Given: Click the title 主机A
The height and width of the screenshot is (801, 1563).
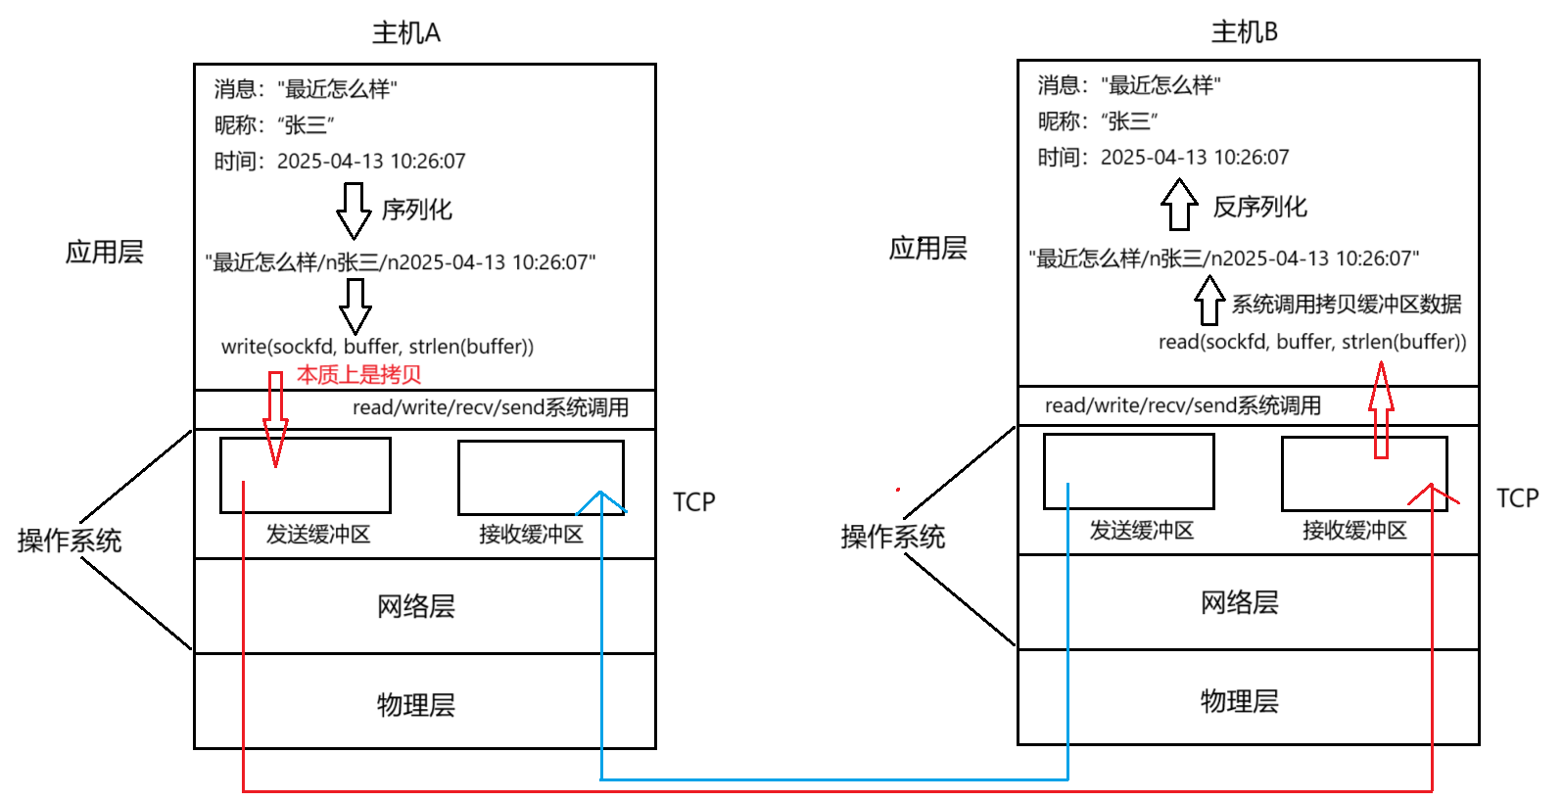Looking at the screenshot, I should (405, 33).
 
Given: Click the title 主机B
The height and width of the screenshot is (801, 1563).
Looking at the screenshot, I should (1244, 32).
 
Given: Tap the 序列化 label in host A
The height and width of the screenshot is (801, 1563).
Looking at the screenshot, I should (416, 210).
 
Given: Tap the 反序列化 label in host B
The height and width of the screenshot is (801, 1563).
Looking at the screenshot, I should (1259, 207).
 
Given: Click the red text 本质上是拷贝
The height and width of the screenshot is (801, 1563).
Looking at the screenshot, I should (358, 375).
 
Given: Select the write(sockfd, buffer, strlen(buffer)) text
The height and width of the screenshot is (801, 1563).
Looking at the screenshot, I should (377, 347).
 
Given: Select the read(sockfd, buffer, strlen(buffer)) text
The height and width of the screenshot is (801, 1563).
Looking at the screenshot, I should (1312, 342).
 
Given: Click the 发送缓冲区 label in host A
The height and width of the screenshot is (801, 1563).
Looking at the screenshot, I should (318, 535).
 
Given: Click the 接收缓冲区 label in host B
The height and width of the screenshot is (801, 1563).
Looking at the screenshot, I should (1354, 531).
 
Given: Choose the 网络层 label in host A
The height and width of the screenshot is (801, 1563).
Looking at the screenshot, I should (416, 606).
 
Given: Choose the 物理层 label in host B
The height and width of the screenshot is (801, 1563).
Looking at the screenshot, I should (1240, 701).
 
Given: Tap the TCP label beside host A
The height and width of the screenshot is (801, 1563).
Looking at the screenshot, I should (693, 502).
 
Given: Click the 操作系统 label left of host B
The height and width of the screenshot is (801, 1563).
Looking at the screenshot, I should (892, 537).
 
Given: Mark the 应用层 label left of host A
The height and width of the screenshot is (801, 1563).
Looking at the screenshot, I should (105, 253).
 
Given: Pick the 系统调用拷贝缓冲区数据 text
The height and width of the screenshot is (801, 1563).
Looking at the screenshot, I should (1346, 305).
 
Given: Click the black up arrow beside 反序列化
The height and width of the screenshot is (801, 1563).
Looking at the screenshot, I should (1179, 205).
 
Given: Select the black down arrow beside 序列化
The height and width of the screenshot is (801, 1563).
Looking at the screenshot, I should (354, 211).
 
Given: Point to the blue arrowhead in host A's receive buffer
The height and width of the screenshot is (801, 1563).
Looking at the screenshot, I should (600, 501).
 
